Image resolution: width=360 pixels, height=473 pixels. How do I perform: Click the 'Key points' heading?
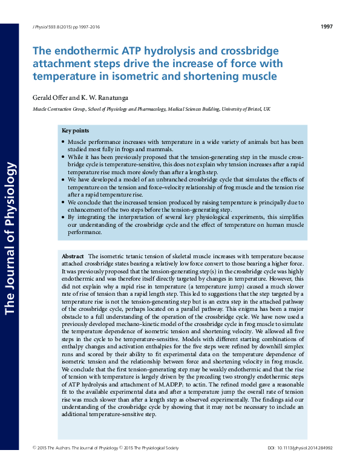click(75, 131)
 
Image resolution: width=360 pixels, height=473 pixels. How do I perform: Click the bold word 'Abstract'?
click(73, 257)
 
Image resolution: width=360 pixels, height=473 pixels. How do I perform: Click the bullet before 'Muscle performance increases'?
click(64, 142)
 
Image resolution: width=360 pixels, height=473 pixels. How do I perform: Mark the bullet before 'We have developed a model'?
click(64, 180)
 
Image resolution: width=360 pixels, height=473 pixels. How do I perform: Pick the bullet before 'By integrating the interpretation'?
click(64, 217)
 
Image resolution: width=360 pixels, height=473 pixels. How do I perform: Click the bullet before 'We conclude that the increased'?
click(64, 203)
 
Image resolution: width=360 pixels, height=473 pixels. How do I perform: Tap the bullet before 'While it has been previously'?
click(64, 156)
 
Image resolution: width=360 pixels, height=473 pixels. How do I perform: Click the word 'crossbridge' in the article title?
click(249, 51)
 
